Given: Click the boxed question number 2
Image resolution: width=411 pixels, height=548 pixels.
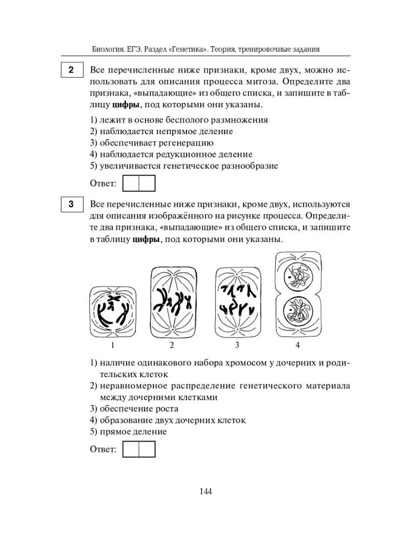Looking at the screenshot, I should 71,71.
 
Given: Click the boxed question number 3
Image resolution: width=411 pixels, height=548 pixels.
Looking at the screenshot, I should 71,205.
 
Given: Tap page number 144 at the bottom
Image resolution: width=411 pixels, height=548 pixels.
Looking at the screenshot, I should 205,491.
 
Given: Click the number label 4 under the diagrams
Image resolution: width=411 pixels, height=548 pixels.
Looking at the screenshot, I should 297,345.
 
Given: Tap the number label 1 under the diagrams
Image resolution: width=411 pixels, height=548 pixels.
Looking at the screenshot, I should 112,345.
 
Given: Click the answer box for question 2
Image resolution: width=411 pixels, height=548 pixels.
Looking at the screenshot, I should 139,184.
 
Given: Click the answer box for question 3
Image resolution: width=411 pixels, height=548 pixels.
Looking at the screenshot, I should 139,449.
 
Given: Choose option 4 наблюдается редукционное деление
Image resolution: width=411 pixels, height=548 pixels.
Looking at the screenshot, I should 171,154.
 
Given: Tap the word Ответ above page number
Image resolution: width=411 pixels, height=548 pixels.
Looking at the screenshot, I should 103,449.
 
